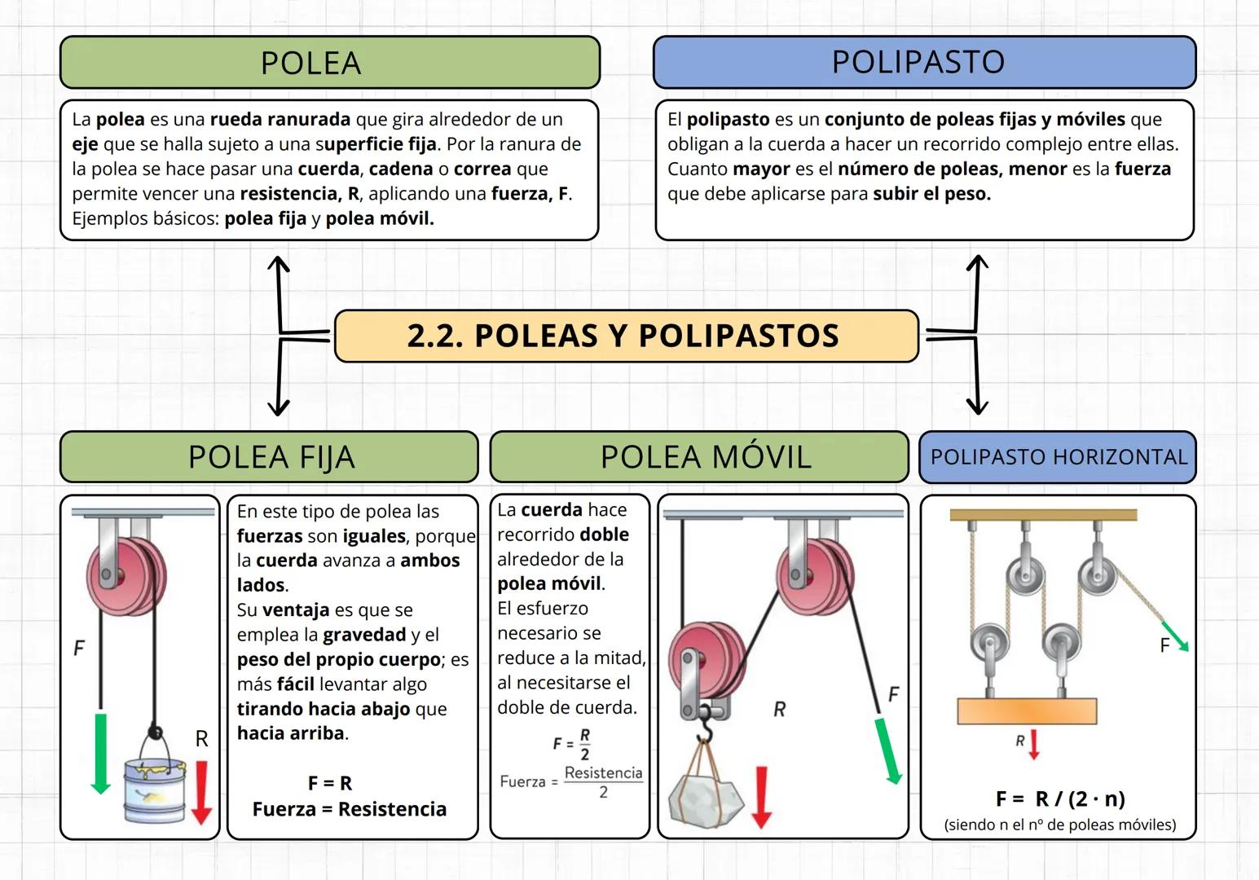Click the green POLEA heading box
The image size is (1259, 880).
330,63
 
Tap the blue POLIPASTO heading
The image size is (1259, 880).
924,62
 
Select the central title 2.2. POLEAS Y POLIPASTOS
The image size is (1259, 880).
626,336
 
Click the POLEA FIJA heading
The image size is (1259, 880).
269,457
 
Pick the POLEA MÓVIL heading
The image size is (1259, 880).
699,457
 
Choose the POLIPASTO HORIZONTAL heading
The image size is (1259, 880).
1058,457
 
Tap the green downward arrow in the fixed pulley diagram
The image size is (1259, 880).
101,752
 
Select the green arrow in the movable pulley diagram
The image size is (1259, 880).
887,750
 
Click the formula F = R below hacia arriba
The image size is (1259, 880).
330,783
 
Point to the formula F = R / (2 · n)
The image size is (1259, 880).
1060,799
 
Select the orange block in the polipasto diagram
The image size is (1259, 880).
1027,711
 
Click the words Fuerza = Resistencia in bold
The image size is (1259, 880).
350,809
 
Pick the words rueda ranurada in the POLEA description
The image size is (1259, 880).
280,120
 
